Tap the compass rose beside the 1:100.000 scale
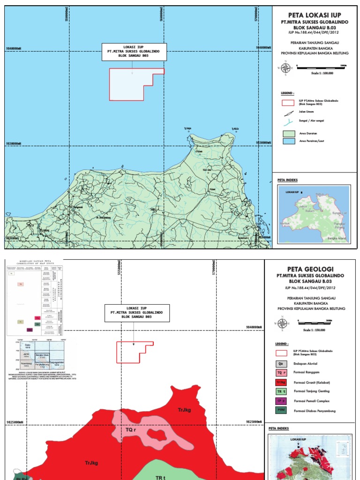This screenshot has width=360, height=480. [x=285, y=68]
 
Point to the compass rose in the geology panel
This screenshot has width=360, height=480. [x=283, y=323]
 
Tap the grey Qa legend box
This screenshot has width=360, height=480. [x=281, y=363]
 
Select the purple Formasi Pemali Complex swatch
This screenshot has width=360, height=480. [x=281, y=401]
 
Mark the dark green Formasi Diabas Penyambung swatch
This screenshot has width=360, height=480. [x=281, y=411]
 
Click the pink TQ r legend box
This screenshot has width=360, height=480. [x=281, y=373]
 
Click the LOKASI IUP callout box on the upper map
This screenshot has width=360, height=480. [x=134, y=52]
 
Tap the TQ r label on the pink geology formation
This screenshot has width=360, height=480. [x=131, y=429]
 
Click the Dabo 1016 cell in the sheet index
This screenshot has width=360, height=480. [x=27, y=346]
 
